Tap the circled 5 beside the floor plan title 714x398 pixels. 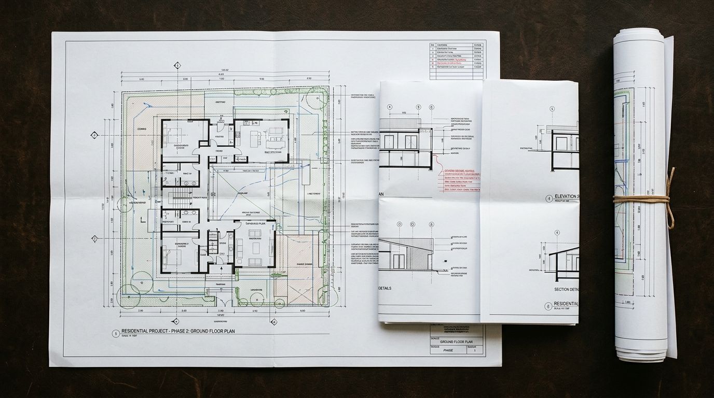(x=115, y=334)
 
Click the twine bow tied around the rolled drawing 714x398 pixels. (x=669, y=198)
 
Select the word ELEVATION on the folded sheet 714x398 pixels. (x=566, y=196)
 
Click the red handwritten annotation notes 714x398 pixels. (x=462, y=179)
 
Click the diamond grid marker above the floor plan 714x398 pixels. (x=177, y=66)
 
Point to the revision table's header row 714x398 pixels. (x=457, y=46)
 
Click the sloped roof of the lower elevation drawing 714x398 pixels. (x=410, y=245)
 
